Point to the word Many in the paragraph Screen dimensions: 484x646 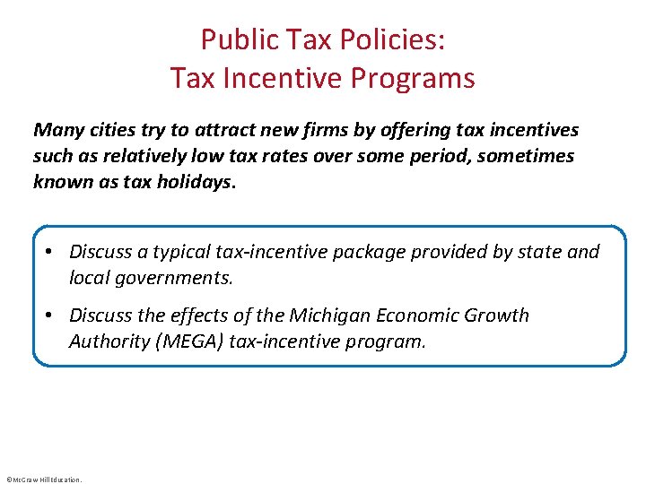pos(56,130)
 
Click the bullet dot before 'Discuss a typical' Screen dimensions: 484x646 pos(54,252)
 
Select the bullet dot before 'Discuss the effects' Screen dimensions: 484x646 pos(54,315)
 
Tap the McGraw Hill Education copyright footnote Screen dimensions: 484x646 pos(43,480)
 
